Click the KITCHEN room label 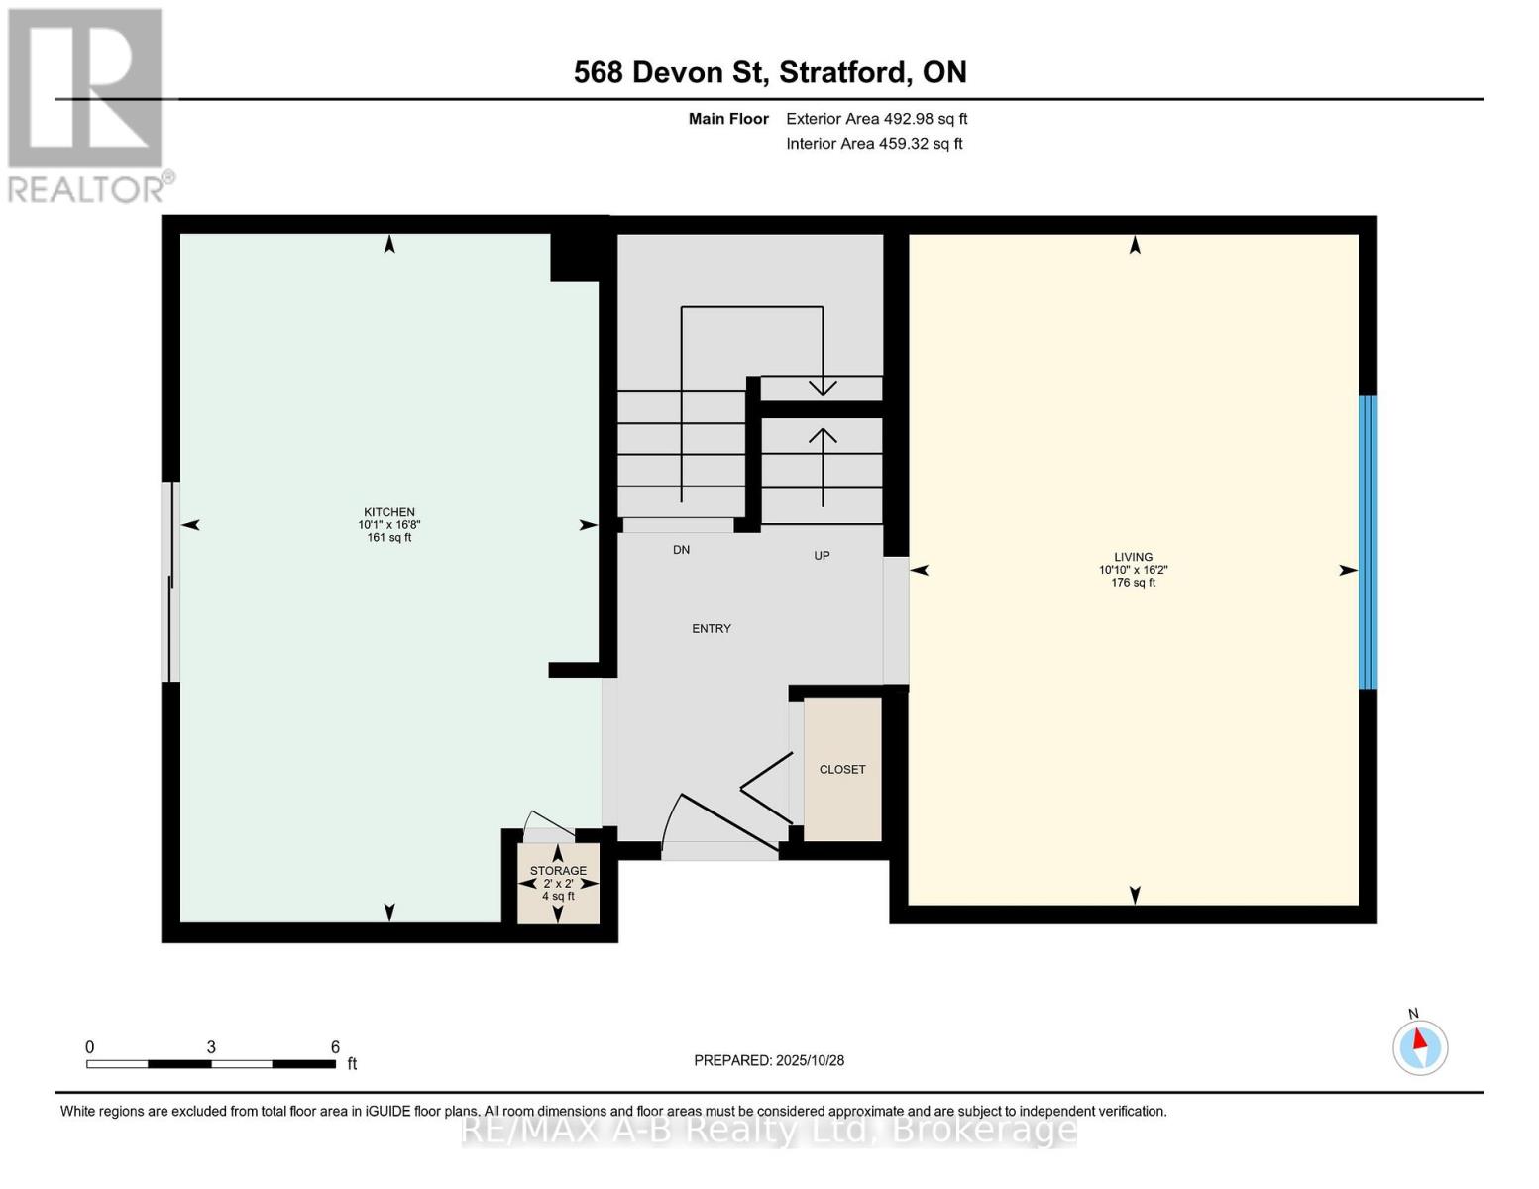tap(387, 512)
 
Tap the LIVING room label tap(1133, 557)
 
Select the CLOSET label tap(842, 770)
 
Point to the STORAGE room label tap(558, 871)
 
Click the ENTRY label tap(712, 629)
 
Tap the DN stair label tap(681, 550)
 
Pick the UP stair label tap(822, 556)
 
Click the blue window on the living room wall tap(1368, 542)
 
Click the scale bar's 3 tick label tap(211, 1047)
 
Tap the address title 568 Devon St tap(770, 72)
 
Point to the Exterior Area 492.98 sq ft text tap(876, 119)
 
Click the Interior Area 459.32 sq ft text tap(874, 144)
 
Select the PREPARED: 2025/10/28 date tap(769, 1060)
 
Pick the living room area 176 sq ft tap(1133, 583)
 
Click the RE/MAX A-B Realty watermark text tap(769, 1130)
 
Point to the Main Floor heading tap(728, 119)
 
